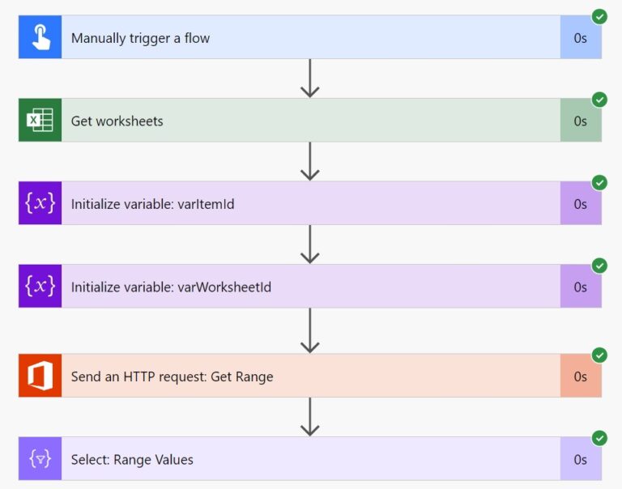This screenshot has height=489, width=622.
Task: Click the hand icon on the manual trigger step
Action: pos(40,37)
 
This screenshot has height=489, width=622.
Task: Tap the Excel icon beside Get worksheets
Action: pos(40,121)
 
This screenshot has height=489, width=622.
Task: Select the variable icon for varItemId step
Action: pos(40,203)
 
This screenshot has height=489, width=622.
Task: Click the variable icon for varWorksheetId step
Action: pos(40,286)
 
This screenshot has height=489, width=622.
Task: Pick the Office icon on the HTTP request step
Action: pos(40,376)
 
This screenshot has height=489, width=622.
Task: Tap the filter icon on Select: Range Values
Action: pos(40,459)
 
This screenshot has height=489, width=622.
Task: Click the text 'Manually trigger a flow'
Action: pos(140,38)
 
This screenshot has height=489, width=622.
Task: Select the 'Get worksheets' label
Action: pos(117,121)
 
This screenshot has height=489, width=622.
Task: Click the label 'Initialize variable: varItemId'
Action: pos(152,204)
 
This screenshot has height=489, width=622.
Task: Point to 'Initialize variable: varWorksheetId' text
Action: pos(164,287)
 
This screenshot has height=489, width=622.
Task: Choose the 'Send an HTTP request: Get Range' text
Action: pos(172,376)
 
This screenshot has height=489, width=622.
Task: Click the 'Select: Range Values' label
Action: pos(132,460)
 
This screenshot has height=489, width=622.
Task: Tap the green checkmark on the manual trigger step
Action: pos(599,16)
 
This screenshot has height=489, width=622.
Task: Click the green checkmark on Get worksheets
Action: pos(599,100)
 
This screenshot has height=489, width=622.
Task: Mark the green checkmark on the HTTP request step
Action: pos(599,355)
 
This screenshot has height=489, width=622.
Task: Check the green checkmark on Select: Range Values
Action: pos(599,438)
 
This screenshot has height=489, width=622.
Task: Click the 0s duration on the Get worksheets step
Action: pos(581,121)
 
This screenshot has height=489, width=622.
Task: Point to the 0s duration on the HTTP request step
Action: pos(581,376)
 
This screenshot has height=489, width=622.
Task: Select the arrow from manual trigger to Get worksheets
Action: pos(310,79)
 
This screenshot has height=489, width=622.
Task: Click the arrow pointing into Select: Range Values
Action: pos(310,417)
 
